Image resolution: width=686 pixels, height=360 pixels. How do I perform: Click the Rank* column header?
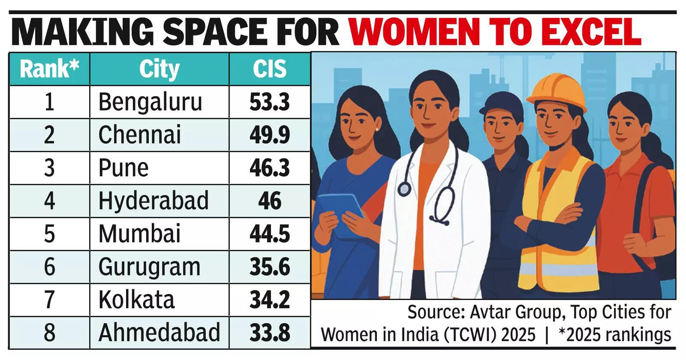[x=49, y=69]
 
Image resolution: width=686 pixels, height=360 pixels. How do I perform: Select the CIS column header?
[x=269, y=69]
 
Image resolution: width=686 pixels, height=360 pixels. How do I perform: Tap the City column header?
[x=159, y=69]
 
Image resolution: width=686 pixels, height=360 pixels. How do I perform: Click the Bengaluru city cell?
[x=150, y=102]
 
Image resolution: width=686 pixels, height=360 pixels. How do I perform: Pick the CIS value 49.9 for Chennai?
[x=270, y=135]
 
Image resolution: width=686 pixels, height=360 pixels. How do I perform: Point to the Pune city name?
[x=123, y=168]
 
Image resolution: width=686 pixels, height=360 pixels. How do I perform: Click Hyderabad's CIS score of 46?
[x=270, y=201]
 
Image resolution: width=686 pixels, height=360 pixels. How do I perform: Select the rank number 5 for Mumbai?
[x=49, y=234]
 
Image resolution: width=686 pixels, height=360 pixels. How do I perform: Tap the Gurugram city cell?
[x=149, y=267]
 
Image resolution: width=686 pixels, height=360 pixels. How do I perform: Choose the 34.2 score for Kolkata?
[x=270, y=300]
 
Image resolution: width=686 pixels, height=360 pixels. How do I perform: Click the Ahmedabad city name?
[x=159, y=333]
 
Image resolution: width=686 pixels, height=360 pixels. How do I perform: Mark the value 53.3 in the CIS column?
[x=270, y=102]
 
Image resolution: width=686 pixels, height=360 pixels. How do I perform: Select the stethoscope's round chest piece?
[x=404, y=189]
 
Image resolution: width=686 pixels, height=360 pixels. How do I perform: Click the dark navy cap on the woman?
[x=502, y=105]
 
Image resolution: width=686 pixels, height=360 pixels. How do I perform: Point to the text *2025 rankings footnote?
[x=614, y=334]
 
